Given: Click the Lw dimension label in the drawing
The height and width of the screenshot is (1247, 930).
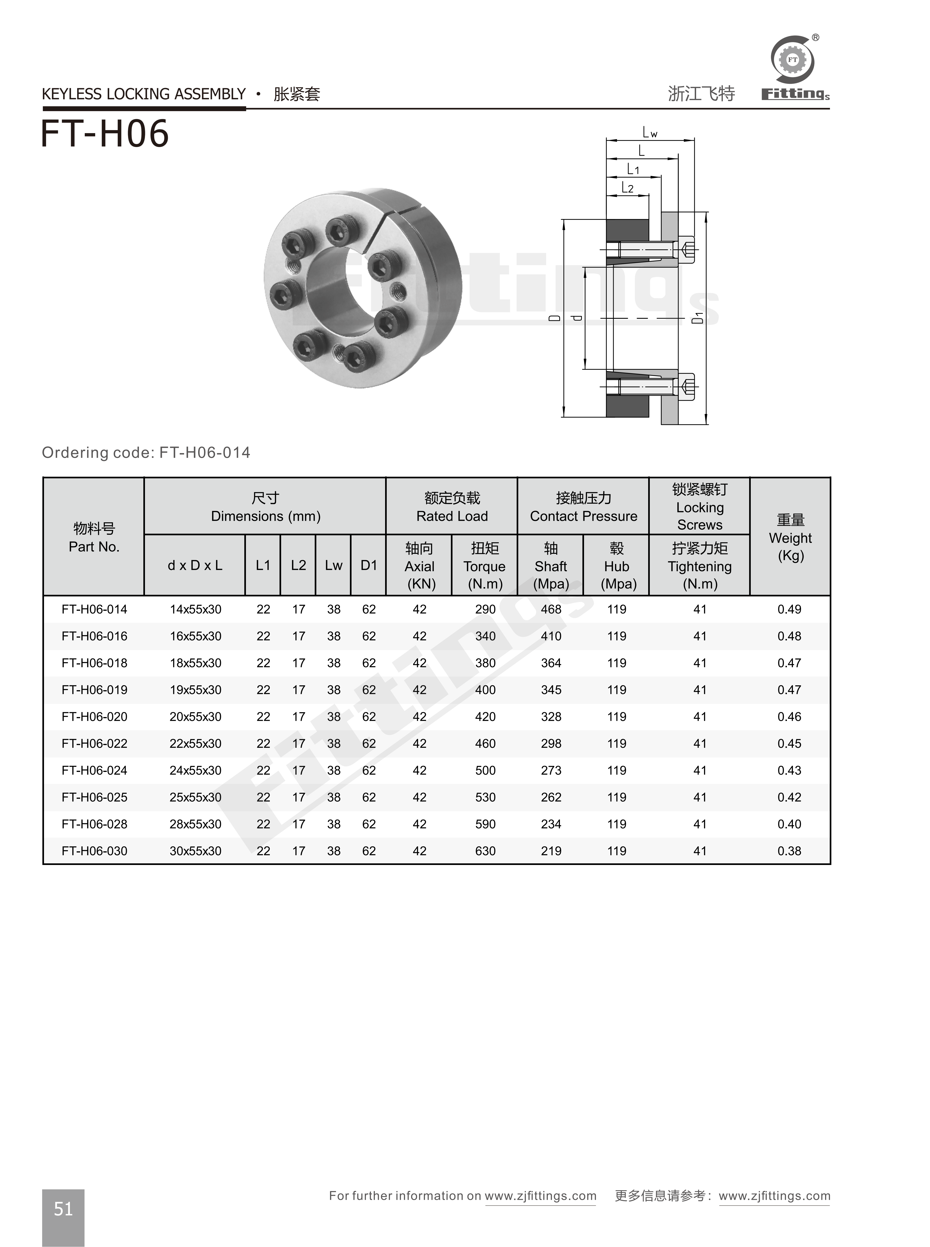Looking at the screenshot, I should pos(650,133).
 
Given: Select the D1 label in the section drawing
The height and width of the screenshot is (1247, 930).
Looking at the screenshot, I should pos(698,318).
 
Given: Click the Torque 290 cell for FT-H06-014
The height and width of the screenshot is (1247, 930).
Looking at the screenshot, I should pos(485,609).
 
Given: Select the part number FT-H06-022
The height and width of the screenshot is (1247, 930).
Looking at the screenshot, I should pos(94,744).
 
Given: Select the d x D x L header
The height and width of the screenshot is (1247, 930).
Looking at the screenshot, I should pos(195,566).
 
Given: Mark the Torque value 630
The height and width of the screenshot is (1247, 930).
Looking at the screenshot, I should pos(485,851).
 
